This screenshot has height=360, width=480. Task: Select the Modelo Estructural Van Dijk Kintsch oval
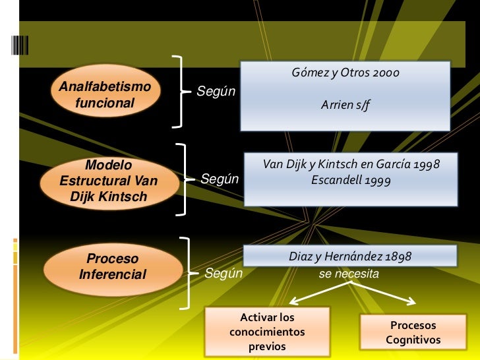[x=109, y=181]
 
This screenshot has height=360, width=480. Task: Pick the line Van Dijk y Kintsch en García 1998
[x=351, y=164]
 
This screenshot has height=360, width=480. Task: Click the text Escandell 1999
[x=351, y=179]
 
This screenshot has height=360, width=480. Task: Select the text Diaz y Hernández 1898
[x=350, y=256]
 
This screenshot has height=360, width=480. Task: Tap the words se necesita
[x=349, y=272]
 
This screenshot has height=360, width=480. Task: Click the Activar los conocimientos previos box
[x=267, y=332]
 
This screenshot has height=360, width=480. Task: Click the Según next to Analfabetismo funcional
[x=216, y=91]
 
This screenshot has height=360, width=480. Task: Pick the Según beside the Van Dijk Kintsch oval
[x=220, y=179]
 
